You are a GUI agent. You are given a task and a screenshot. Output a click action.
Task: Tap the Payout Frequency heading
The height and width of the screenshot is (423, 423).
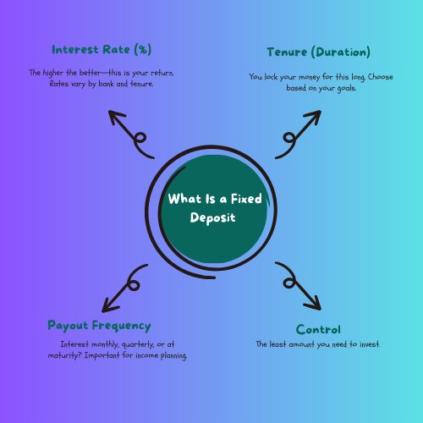(100, 326)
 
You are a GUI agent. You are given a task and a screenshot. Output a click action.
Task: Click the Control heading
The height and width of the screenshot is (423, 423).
(318, 329)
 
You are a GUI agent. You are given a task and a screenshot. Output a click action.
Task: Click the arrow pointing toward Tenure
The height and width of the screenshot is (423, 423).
(293, 135)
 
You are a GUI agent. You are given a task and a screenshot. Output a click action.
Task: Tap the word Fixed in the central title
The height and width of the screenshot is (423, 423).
(239, 200)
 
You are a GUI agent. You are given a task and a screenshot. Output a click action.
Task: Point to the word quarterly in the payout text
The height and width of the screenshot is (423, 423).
(145, 344)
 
